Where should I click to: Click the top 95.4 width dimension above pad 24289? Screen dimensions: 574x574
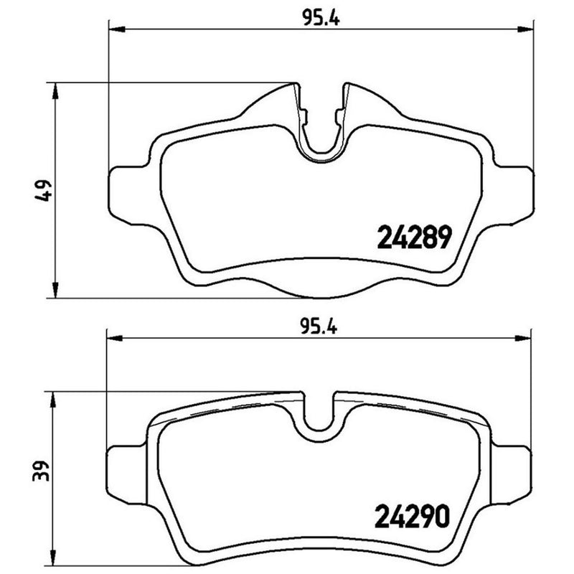(x=320, y=20)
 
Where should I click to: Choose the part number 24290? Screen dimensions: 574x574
(x=413, y=516)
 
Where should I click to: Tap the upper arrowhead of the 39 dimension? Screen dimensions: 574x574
(x=52, y=397)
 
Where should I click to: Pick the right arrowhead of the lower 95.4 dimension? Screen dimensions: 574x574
(x=527, y=335)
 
